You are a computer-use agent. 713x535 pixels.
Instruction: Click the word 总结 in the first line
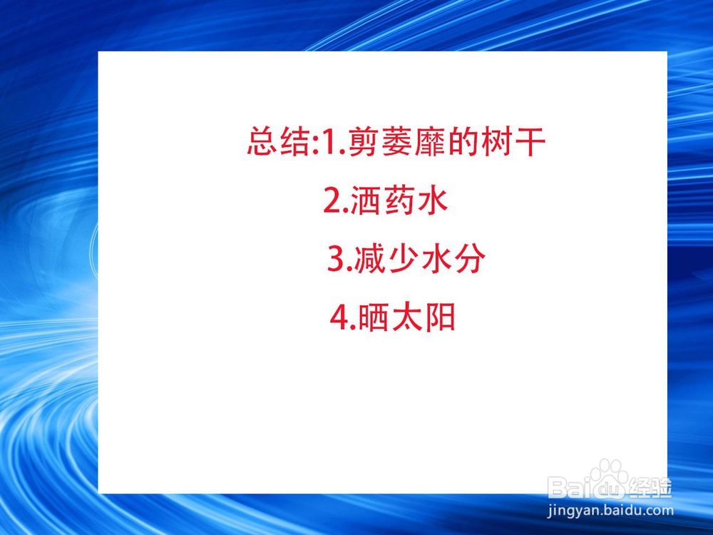pos(278,142)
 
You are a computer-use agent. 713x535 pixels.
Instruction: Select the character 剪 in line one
pos(364,142)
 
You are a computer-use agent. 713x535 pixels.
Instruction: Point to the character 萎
pos(398,142)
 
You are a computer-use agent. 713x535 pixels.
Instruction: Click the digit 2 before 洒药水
pos(332,201)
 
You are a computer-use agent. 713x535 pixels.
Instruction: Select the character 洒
pos(366,200)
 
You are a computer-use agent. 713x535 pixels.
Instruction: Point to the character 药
pos(399,200)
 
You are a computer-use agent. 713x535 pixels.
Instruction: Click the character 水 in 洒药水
pos(433,200)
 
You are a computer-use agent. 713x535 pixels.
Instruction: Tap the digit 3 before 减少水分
pos(336,259)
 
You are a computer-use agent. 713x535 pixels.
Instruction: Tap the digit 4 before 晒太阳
pos(339,317)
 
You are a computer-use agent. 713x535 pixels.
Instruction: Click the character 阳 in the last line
pos(440,317)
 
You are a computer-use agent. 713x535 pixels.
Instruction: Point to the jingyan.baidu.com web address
pos(610,511)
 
